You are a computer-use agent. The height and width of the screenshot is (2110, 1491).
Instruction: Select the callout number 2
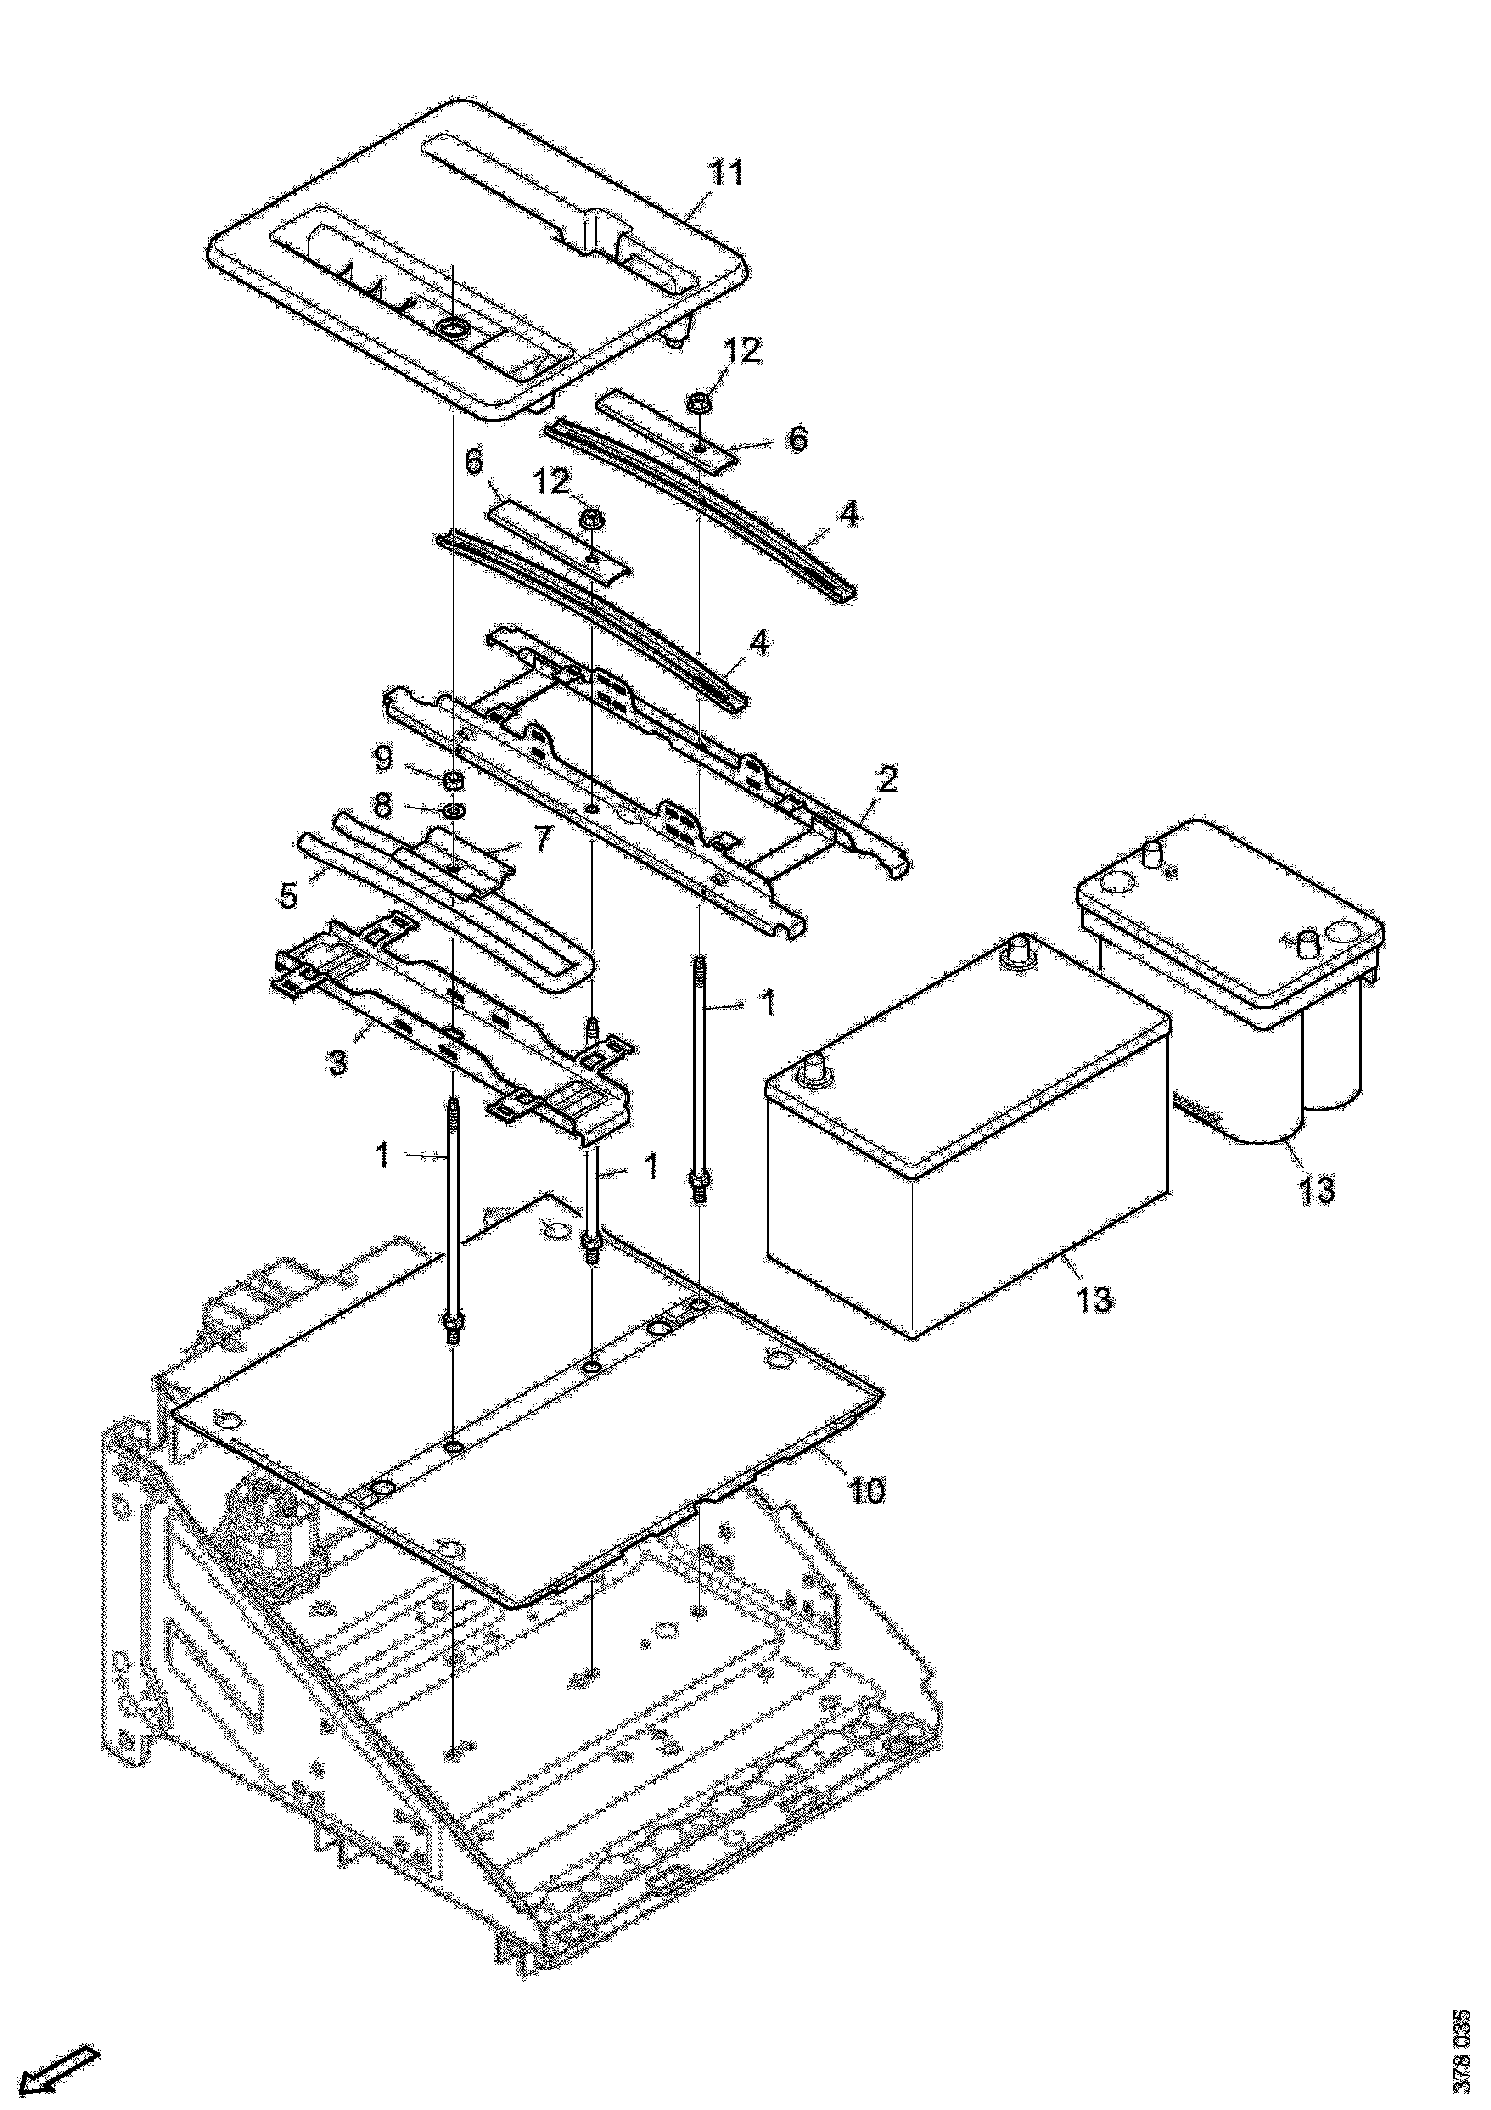point(886,780)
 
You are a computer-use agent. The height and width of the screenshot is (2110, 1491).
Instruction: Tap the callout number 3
point(338,1063)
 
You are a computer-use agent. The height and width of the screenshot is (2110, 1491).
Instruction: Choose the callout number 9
point(382,759)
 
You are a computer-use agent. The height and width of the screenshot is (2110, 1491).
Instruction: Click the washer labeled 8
point(453,811)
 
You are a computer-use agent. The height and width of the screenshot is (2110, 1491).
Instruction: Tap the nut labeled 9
point(453,781)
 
